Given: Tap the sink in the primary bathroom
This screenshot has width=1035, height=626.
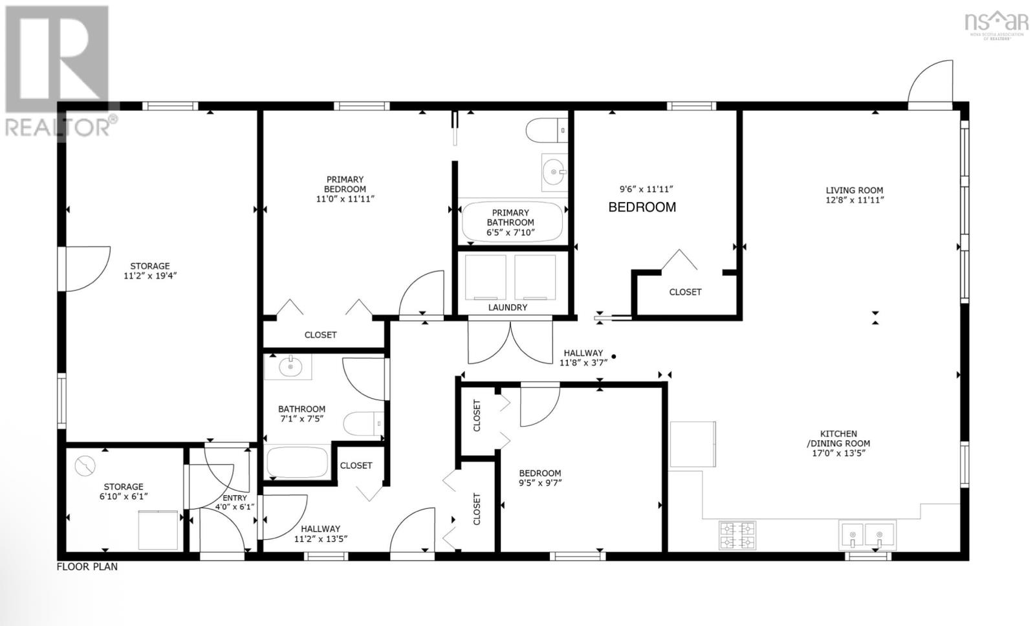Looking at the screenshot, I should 554,172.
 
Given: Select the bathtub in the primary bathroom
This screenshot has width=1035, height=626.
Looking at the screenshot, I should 511,222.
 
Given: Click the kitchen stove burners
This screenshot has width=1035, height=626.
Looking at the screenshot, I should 737,535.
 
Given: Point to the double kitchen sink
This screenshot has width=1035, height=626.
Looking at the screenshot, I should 867,535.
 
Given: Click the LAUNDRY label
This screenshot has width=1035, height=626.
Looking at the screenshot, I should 507,307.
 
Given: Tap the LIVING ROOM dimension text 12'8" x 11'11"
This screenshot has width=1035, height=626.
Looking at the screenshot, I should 854,200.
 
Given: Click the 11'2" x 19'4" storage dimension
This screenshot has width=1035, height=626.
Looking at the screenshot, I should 150,276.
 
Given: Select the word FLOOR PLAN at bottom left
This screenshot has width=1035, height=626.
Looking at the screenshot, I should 87,567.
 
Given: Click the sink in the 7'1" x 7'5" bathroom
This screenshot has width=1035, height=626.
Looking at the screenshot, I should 289,367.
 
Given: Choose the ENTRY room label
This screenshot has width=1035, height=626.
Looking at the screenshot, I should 234,498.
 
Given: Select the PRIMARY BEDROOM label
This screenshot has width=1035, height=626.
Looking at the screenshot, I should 345,184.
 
